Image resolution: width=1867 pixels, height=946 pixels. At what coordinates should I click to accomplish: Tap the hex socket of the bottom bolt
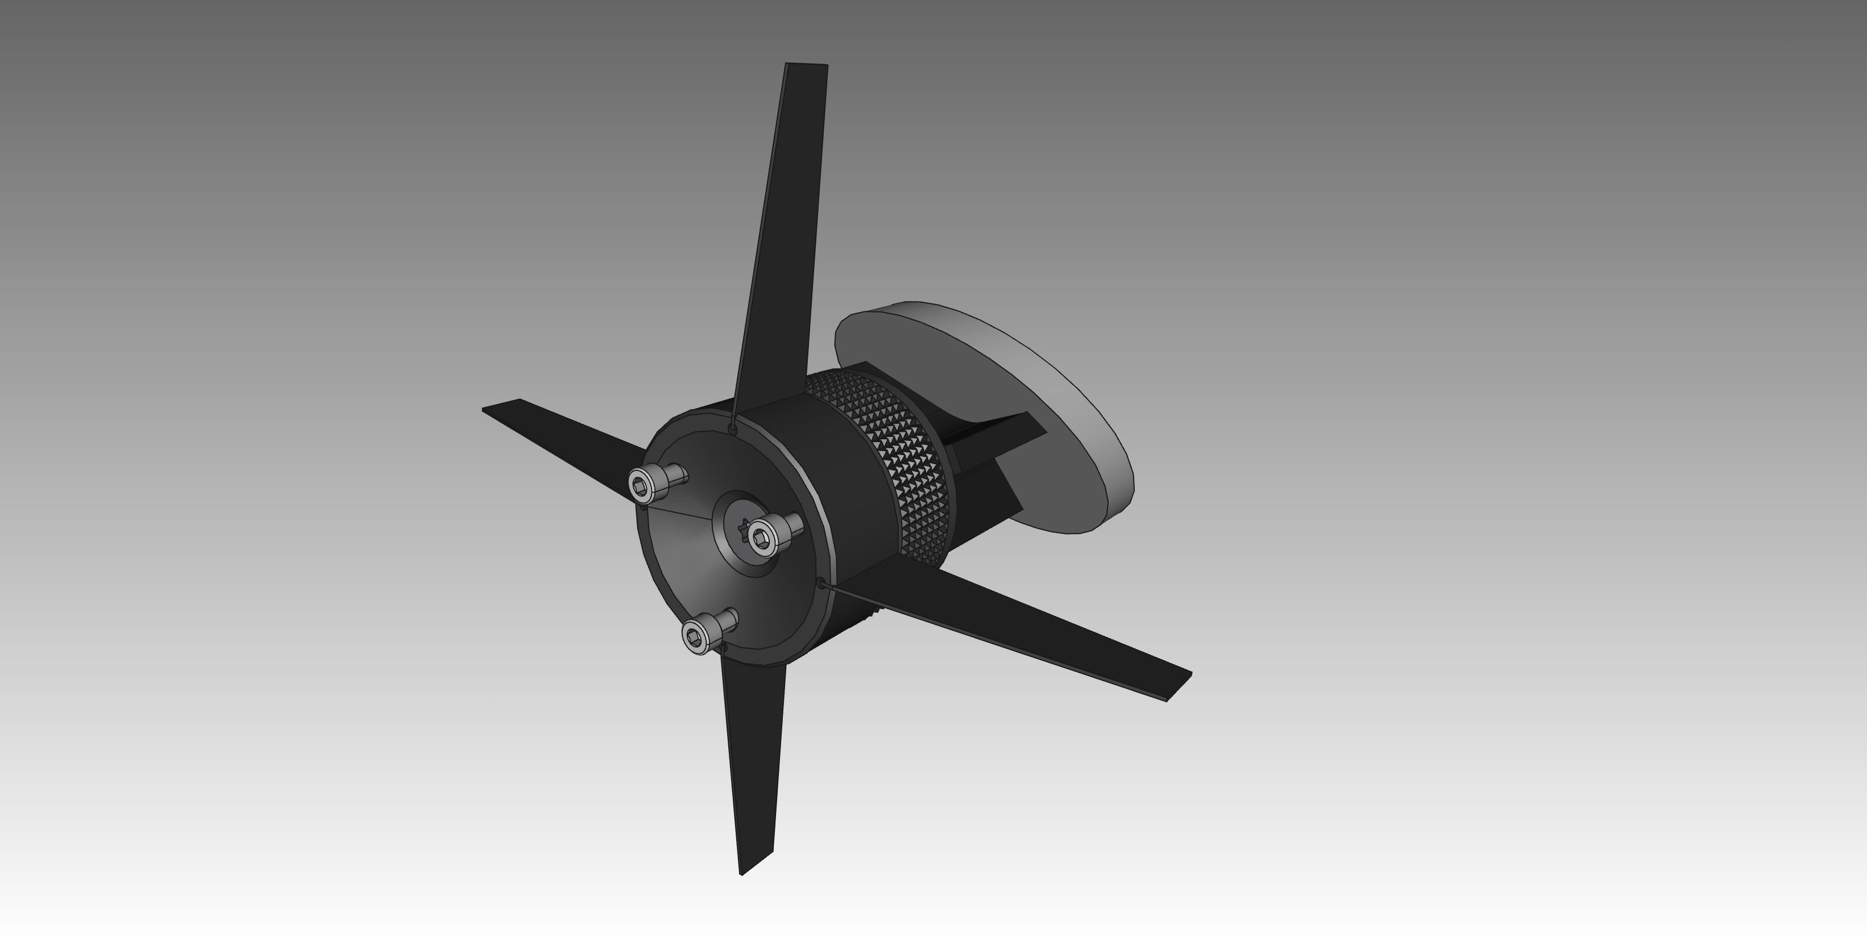click(694, 637)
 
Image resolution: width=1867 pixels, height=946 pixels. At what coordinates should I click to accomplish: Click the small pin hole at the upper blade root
click(733, 430)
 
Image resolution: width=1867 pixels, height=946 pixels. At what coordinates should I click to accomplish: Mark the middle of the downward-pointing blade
click(754, 746)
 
